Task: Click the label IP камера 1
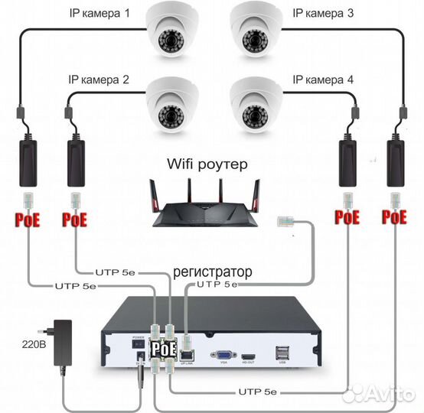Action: coord(99,15)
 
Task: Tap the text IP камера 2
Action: coord(99,80)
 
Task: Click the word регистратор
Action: coord(212,272)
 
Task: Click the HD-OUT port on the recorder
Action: coord(248,357)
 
